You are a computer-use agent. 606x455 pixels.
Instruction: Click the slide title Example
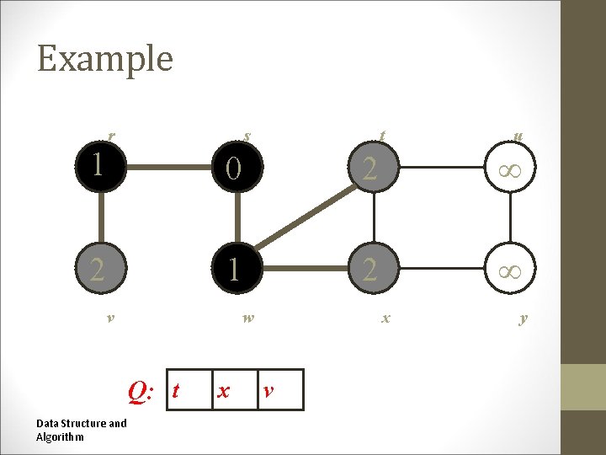pyautogui.click(x=105, y=59)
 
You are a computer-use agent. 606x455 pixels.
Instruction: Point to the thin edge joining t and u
pyautogui.click(x=442, y=169)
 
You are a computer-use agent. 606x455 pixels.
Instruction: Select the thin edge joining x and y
pyautogui.click(x=442, y=270)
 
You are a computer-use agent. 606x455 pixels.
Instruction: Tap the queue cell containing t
pyautogui.click(x=189, y=390)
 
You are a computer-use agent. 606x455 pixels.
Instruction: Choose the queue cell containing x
pyautogui.click(x=235, y=390)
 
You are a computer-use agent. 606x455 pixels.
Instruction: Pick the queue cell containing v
pyautogui.click(x=279, y=390)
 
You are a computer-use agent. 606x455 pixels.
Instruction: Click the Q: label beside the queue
pyautogui.click(x=139, y=390)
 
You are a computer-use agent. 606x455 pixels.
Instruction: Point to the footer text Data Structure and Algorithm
pyautogui.click(x=82, y=430)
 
